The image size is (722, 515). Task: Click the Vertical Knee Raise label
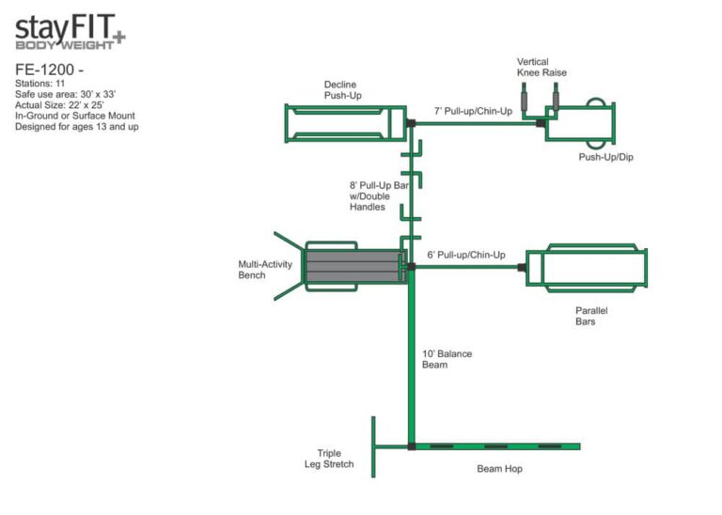pyautogui.click(x=541, y=67)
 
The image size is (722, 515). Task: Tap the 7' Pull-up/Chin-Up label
pyautogui.click(x=473, y=112)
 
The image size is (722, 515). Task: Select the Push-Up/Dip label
pyautogui.click(x=605, y=157)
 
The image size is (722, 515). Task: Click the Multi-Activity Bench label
pyautogui.click(x=265, y=270)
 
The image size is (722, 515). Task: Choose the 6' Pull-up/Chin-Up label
pyautogui.click(x=466, y=255)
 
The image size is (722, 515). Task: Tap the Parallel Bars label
pyautogui.click(x=586, y=316)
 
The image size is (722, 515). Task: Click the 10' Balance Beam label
pyautogui.click(x=447, y=359)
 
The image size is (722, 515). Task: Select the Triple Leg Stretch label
pyautogui.click(x=336, y=459)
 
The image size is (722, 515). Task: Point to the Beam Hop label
pyautogui.click(x=498, y=468)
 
